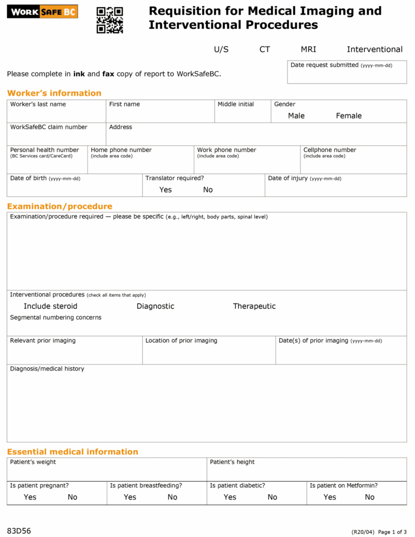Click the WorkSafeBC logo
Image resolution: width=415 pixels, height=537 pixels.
tap(42, 11)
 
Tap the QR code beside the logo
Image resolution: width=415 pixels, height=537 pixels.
tap(110, 20)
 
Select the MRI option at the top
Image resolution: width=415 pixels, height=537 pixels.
tap(308, 49)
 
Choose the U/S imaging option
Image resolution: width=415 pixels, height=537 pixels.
tap(221, 49)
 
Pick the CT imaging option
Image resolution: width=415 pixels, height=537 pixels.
tap(264, 49)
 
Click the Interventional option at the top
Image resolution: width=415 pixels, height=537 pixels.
tap(374, 49)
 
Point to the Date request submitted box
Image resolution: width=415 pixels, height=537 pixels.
tap(346, 72)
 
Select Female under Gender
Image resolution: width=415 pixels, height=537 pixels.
tap(349, 116)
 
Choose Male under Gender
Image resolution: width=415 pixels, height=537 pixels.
tap(296, 116)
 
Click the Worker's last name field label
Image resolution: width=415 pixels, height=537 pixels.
tap(38, 104)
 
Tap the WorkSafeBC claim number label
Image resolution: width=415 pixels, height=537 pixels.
tap(49, 127)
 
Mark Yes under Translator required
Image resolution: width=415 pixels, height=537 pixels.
tap(165, 190)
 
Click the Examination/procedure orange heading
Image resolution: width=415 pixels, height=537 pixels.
tap(59, 206)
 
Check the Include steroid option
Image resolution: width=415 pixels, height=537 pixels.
tap(50, 306)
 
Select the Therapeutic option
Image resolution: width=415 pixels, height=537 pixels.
tap(254, 306)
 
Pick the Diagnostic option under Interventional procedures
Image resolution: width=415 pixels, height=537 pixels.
tap(155, 306)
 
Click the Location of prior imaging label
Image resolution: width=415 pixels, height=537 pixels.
tap(181, 341)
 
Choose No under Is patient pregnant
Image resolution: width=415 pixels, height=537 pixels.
tap(72, 497)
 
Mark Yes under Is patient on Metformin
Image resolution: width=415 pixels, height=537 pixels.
tap(330, 497)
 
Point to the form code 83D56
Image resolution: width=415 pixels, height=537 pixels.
tap(19, 531)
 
